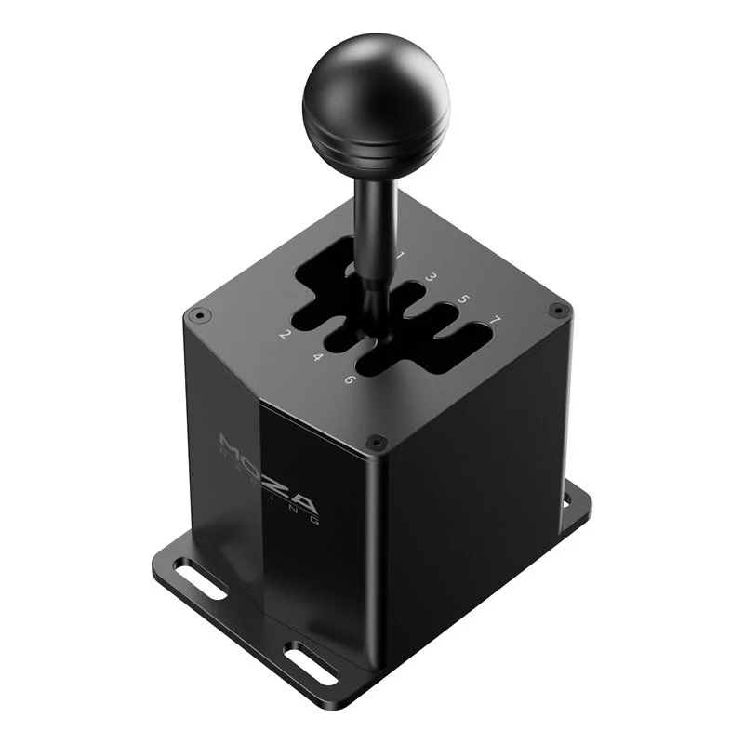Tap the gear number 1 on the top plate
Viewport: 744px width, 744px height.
click(x=401, y=254)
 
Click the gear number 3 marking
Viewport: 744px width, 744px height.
click(x=432, y=276)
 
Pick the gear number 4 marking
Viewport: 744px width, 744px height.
click(x=317, y=357)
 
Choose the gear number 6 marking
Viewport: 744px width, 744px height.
click(x=349, y=379)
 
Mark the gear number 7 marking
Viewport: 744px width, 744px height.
click(x=496, y=321)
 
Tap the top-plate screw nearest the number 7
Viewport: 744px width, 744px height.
click(x=557, y=309)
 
